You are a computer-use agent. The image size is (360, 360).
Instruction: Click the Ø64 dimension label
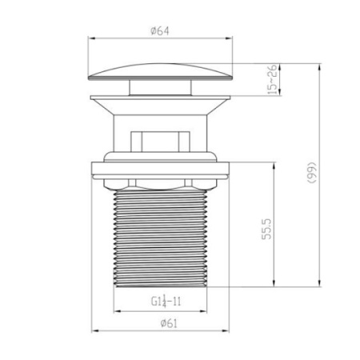click(160, 31)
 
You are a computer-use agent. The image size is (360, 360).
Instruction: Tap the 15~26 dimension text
click(272, 79)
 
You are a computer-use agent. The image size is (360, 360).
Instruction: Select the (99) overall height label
click(311, 173)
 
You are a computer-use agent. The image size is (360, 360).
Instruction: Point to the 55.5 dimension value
click(266, 229)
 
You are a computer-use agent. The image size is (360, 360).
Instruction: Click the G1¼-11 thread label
click(166, 302)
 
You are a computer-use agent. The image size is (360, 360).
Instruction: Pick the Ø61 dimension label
click(169, 323)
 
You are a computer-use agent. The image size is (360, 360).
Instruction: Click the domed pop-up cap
click(160, 71)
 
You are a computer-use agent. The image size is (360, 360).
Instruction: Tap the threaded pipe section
click(160, 238)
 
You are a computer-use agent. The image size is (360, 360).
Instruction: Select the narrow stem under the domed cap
click(160, 87)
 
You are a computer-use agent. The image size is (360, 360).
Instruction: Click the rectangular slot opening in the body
click(160, 142)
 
